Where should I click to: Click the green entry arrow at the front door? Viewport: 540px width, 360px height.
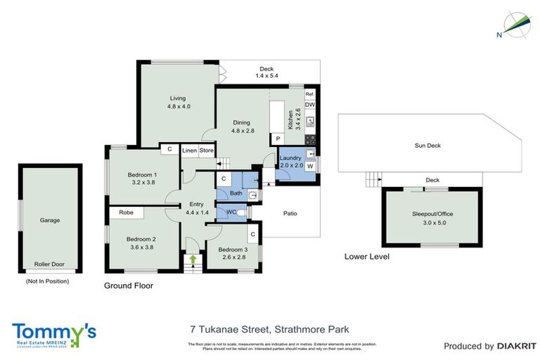[x=192, y=259]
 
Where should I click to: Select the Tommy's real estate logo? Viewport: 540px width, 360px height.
[x=54, y=333]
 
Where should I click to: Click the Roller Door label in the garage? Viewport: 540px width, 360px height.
[x=49, y=264]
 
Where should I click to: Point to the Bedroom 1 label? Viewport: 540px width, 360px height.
[x=142, y=174]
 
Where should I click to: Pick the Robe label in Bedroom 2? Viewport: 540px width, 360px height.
[x=127, y=212]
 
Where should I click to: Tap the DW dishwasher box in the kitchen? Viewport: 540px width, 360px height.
[x=309, y=105]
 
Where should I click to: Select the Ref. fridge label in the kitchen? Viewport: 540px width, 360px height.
[x=309, y=94]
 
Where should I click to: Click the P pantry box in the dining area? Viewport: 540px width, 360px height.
[x=278, y=139]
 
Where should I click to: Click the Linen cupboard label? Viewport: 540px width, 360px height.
[x=189, y=150]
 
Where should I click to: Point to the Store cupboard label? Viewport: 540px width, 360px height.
[x=206, y=150]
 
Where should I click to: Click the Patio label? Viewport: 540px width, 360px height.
[x=290, y=213]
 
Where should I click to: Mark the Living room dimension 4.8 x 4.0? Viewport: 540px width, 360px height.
[x=179, y=106]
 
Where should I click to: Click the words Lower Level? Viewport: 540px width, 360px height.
[x=366, y=257]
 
